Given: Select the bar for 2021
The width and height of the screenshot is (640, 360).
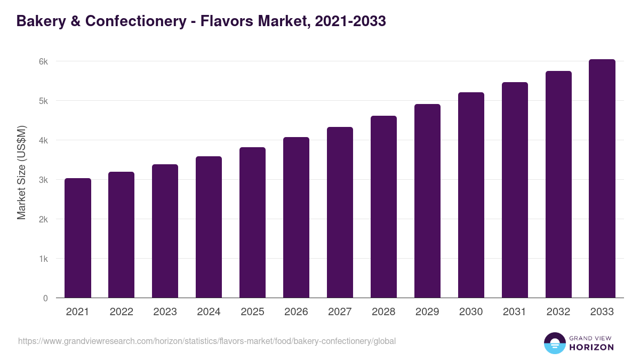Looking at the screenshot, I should (78, 238).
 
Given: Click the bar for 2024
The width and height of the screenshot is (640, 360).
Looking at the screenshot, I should (209, 227).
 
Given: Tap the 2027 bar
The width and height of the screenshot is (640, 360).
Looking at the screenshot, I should (340, 212).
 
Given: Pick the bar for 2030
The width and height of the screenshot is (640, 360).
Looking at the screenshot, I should (471, 195).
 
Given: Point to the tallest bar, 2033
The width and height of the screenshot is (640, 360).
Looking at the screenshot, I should (602, 179).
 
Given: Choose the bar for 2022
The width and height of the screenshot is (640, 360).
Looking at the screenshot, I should (122, 235).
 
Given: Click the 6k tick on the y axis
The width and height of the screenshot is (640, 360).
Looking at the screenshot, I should (43, 61).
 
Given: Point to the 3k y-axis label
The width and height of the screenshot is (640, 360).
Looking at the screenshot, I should (43, 180).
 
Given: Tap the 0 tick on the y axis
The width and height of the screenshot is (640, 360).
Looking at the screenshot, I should (46, 298).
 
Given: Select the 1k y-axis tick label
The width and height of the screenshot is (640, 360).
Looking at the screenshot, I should (43, 259).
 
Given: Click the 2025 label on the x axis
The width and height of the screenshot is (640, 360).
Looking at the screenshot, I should (252, 312).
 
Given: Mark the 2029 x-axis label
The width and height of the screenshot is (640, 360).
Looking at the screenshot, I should (427, 312).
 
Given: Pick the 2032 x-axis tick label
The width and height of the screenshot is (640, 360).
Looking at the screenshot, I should (558, 312).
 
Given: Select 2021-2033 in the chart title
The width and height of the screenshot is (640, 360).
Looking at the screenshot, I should (350, 21).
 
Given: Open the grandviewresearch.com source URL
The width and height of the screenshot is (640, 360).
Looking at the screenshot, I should (207, 341).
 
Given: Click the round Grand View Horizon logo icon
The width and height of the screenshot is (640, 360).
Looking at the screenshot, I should (555, 343).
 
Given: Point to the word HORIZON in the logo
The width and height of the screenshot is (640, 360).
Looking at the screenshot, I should (591, 347).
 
